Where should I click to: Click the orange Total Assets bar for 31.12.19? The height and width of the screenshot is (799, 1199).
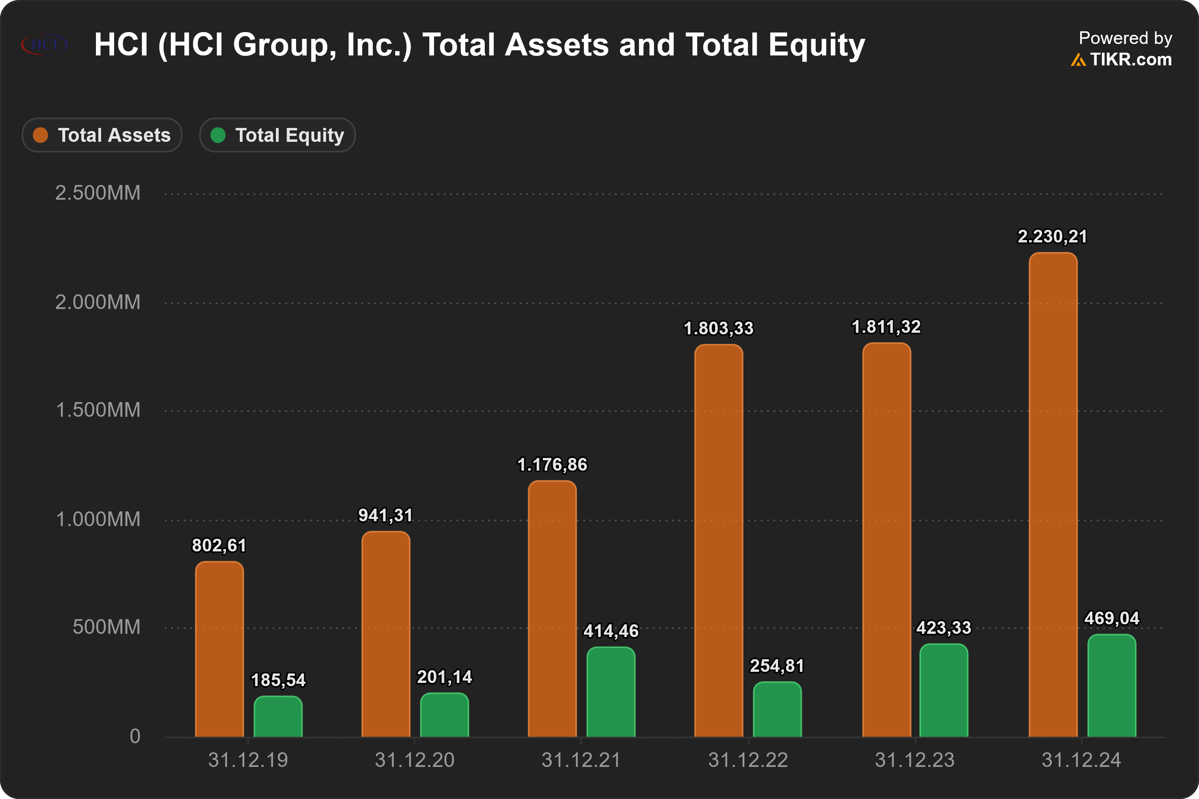219,649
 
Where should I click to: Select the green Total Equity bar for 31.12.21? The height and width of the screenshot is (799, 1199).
611,692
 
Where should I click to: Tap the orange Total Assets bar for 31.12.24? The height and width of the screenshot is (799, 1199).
1053,494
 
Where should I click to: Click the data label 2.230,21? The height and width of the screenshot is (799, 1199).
1053,236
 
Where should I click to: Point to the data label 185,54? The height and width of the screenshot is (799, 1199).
278,680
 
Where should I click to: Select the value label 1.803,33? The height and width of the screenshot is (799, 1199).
719,328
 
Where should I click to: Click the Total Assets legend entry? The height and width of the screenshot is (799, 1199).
102,135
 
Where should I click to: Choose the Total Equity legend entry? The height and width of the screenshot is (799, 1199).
277,135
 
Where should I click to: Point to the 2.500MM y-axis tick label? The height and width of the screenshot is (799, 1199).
98,193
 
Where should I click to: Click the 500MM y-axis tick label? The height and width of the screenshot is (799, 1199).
106,627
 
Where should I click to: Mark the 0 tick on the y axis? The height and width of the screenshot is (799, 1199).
135,736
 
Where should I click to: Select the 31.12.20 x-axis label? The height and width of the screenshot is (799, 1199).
415,760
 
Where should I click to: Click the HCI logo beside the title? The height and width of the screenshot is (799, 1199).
44,44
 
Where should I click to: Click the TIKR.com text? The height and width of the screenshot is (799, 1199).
1131,60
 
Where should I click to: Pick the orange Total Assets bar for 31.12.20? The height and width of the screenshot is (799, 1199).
386,634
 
